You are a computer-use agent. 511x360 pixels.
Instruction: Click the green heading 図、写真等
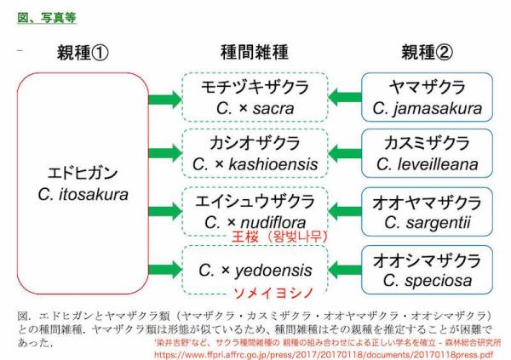pyautogui.click(x=47, y=18)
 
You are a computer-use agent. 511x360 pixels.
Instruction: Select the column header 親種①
pyautogui.click(x=83, y=53)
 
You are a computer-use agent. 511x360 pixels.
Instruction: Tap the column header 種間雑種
pyautogui.click(x=255, y=52)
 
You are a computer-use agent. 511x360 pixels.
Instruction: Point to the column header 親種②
pyautogui.click(x=427, y=53)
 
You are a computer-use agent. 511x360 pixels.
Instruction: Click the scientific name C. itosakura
pyautogui.click(x=83, y=195)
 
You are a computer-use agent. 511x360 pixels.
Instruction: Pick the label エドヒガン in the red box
pyautogui.click(x=83, y=173)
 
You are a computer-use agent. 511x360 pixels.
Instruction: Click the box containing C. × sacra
pyautogui.click(x=255, y=97)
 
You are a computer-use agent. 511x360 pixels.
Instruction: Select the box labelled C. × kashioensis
pyautogui.click(x=255, y=153)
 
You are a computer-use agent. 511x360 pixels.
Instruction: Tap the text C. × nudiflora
pyautogui.click(x=255, y=222)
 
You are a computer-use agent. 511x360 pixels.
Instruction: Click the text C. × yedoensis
pyautogui.click(x=255, y=270)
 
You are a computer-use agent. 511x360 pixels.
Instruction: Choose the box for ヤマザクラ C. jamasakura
pyautogui.click(x=427, y=97)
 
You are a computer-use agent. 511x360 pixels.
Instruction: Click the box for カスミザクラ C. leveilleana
pyautogui.click(x=427, y=153)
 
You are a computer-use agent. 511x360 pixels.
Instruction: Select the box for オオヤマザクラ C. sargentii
pyautogui.click(x=427, y=211)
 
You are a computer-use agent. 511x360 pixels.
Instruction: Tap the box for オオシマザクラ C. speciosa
pyautogui.click(x=427, y=270)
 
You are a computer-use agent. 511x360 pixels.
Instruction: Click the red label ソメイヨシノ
pyautogui.click(x=273, y=293)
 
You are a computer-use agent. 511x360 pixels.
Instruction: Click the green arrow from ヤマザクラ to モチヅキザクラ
pyautogui.click(x=345, y=97)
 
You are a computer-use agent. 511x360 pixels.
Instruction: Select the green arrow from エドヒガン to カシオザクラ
pyautogui.click(x=165, y=153)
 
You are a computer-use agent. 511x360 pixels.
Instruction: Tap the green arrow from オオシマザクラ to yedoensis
pyautogui.click(x=345, y=270)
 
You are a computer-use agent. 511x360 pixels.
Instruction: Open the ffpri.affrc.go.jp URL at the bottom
pyautogui.click(x=324, y=354)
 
